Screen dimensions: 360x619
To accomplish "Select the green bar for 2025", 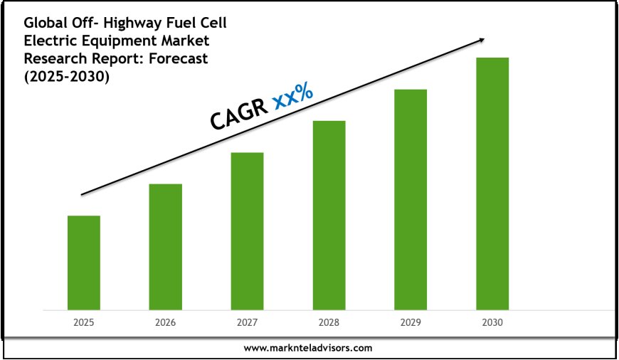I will [x=83, y=262].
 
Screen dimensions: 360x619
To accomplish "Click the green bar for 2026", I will [x=165, y=246].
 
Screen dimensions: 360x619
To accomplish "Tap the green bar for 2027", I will [x=247, y=231].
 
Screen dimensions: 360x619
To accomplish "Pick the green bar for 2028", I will [x=329, y=215].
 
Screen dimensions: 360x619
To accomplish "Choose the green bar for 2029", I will [x=411, y=199].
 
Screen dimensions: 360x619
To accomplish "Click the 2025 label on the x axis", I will [x=83, y=322].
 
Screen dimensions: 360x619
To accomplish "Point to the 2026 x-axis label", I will [x=165, y=322].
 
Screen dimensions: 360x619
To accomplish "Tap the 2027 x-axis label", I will [x=247, y=322].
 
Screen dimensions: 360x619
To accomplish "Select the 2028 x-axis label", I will [x=329, y=322].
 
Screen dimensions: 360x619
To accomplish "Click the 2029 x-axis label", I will [x=411, y=322].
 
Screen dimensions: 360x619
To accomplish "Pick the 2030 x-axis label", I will [x=492, y=322].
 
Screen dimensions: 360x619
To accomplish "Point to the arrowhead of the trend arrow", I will [x=485, y=40].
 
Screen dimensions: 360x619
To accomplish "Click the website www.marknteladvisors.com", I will [x=308, y=348].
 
